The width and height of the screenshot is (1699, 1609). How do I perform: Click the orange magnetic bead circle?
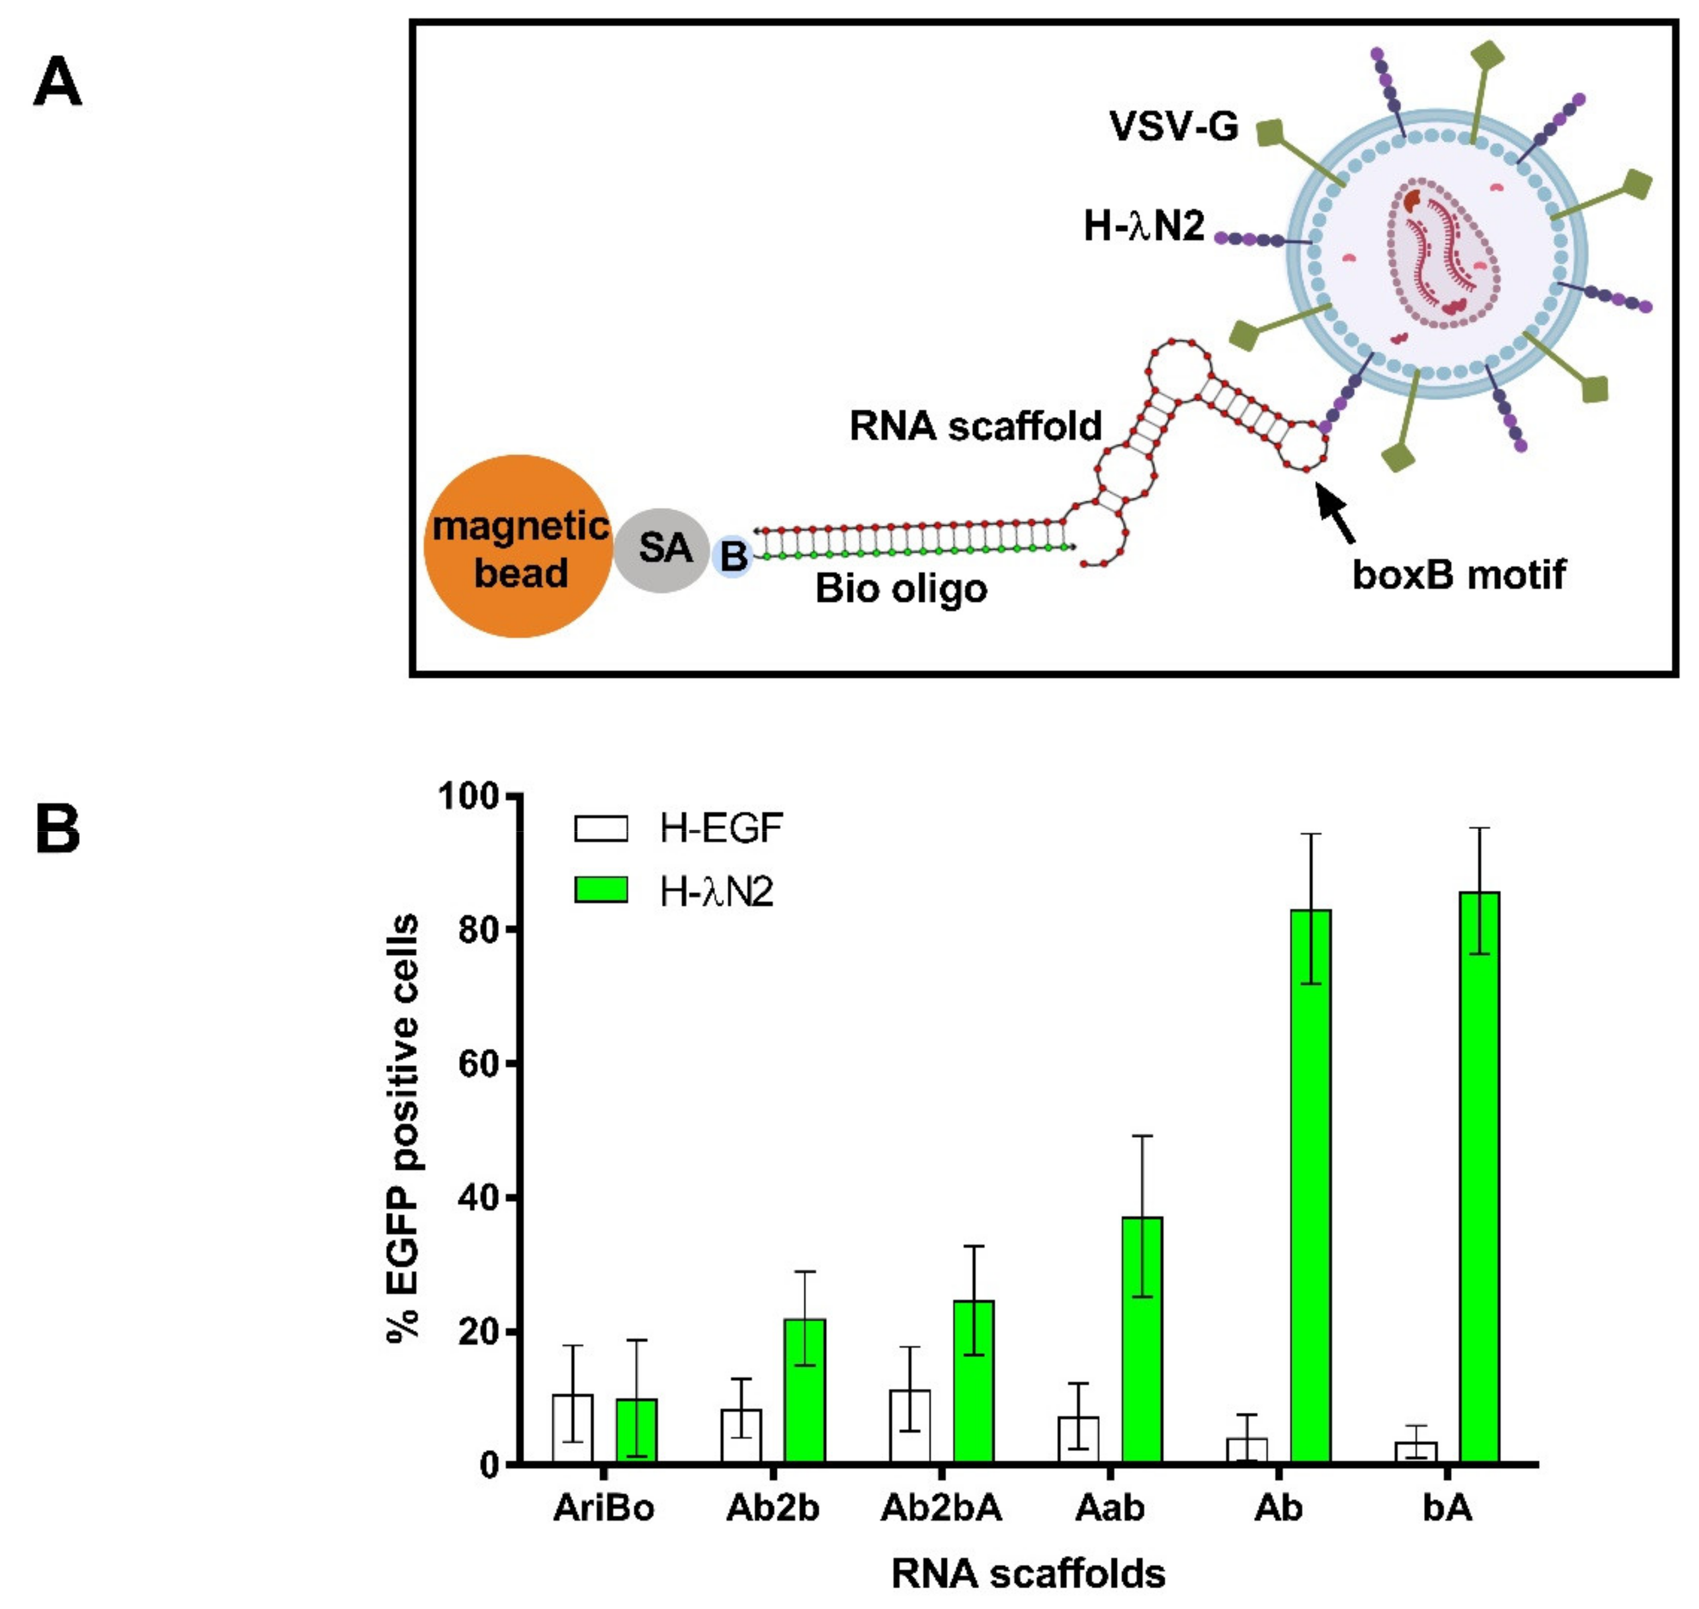(518, 547)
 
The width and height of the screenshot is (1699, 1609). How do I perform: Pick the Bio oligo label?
(900, 589)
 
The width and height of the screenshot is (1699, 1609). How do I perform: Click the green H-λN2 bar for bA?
(1479, 1178)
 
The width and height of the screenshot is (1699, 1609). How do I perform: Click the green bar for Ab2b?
(805, 1390)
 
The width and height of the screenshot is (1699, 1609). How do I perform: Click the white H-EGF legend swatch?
(600, 829)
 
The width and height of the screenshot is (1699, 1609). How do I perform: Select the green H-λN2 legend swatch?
(600, 890)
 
